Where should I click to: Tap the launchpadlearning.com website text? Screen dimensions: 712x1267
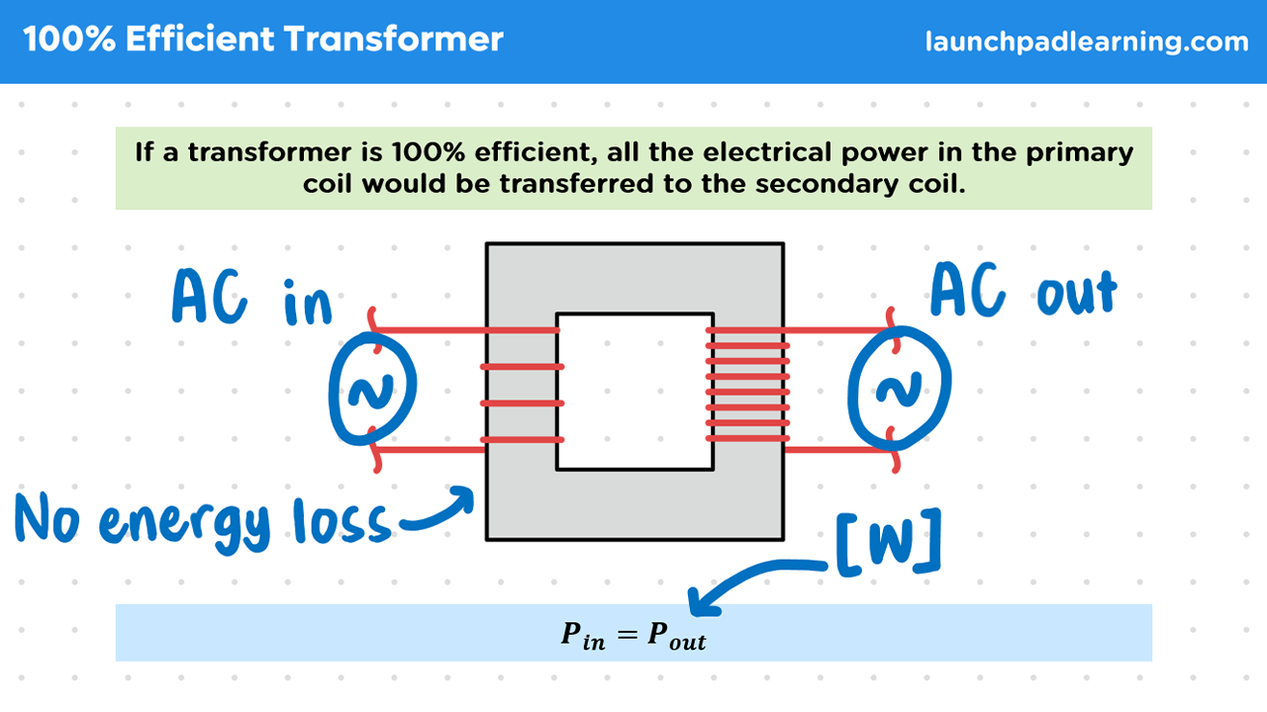tap(1086, 43)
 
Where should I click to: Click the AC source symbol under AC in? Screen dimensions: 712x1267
tap(373, 393)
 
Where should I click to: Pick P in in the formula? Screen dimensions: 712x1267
tap(582, 636)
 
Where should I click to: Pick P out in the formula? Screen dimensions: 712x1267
tap(677, 636)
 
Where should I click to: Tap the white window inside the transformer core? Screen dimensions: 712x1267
tap(634, 392)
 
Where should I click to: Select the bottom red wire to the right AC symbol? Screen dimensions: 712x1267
tap(836, 451)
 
